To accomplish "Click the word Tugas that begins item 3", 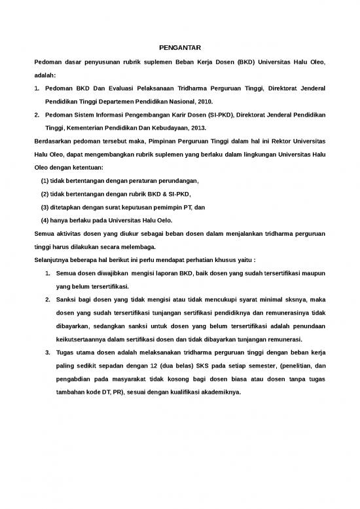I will [x=67, y=354].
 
